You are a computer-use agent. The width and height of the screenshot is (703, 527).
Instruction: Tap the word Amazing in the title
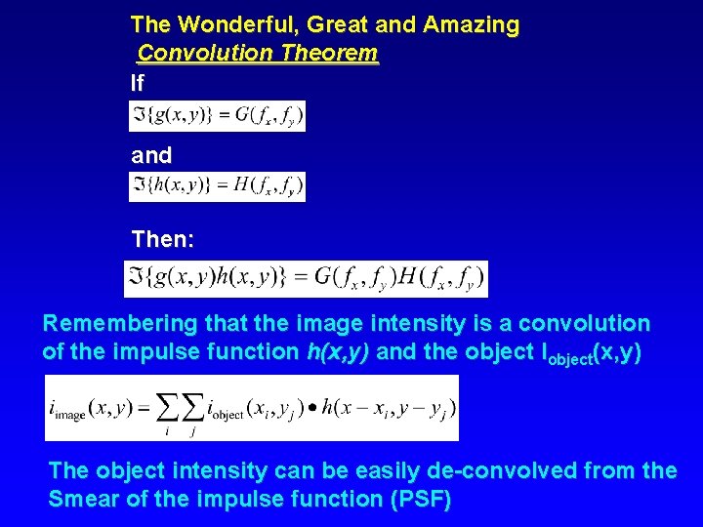tap(472, 23)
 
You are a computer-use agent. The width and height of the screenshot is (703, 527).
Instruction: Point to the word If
tap(137, 85)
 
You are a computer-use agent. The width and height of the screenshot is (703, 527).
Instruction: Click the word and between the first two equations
tap(151, 155)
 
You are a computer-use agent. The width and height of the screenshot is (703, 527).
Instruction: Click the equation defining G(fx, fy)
tap(217, 116)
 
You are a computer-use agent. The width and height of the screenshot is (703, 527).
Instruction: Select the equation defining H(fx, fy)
tap(217, 186)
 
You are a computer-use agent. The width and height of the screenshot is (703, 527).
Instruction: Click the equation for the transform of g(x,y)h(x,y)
tap(306, 278)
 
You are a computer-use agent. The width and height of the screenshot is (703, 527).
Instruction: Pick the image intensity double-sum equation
tap(251, 407)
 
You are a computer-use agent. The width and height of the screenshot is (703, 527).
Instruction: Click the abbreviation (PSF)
tap(419, 501)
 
